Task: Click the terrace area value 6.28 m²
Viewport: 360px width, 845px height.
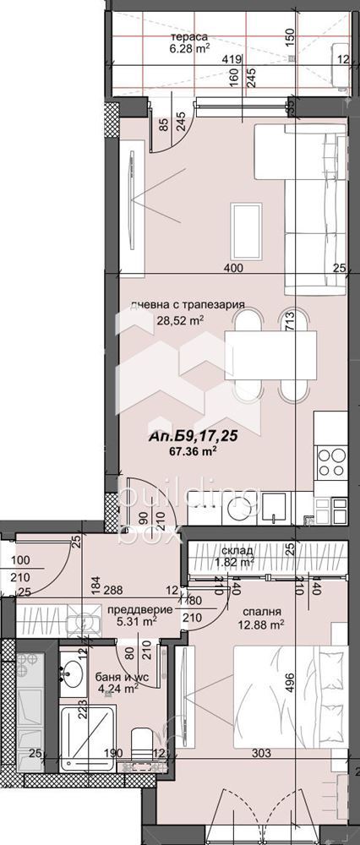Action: point(190,49)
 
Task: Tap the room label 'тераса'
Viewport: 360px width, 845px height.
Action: point(189,37)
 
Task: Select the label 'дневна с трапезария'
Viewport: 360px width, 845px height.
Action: point(188,306)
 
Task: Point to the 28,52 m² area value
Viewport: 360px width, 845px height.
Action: point(180,320)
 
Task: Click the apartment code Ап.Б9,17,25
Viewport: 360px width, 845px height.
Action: point(183,438)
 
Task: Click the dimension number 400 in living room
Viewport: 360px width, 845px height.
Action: point(233,269)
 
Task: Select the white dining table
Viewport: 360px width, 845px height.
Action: point(270,355)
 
